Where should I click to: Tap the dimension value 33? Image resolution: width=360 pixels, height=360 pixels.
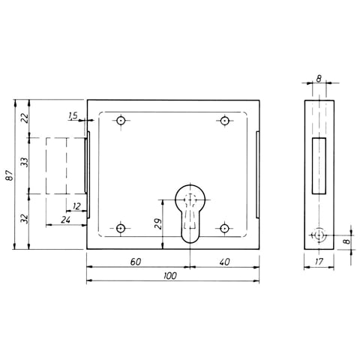click(x=23, y=162)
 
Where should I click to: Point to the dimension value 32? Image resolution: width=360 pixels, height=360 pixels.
click(x=23, y=219)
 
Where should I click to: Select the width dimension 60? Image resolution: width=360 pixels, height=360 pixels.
click(x=136, y=262)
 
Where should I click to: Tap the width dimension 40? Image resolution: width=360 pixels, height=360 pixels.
click(x=223, y=262)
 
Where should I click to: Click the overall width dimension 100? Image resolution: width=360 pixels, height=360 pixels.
click(x=170, y=277)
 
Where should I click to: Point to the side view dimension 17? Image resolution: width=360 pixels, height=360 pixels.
click(x=319, y=263)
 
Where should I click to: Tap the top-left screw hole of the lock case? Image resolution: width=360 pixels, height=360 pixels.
click(x=121, y=120)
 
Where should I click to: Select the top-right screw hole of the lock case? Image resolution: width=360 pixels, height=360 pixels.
click(x=223, y=120)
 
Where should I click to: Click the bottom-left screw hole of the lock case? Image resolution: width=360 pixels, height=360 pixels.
click(x=121, y=226)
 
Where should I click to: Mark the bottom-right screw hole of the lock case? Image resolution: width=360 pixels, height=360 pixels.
click(x=223, y=226)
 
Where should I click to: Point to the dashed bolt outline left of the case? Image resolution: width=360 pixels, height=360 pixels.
click(x=64, y=165)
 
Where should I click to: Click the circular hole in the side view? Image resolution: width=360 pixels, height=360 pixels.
click(x=320, y=235)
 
